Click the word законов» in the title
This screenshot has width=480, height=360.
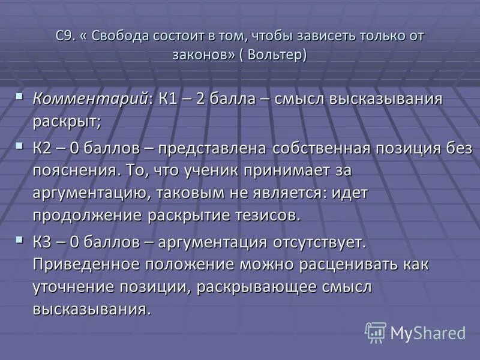point(200,55)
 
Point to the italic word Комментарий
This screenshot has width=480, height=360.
point(90,99)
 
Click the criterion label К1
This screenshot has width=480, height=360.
point(169,99)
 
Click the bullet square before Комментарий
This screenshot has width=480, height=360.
point(20,96)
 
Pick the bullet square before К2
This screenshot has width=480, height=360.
point(20,145)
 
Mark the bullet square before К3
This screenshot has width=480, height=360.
point(20,239)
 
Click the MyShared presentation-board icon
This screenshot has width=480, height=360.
point(376,332)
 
